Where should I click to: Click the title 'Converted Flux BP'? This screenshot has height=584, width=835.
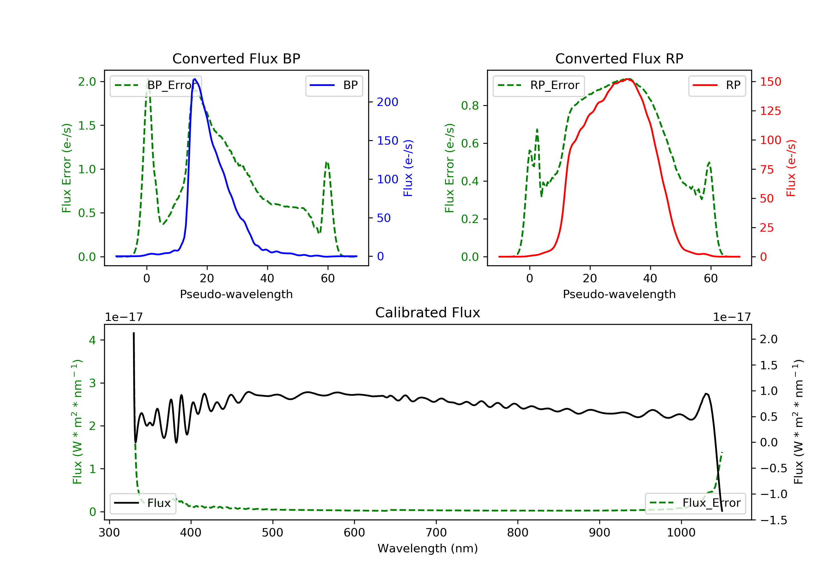point(236,58)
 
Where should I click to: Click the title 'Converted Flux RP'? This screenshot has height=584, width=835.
point(619,58)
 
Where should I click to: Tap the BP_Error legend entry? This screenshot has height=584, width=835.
point(156,85)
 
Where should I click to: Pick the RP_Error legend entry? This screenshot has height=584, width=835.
point(539,85)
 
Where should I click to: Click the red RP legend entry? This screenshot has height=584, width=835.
point(717,85)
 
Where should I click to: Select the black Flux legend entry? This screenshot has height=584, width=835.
point(143,503)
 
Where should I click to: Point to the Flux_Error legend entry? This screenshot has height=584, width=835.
point(695,503)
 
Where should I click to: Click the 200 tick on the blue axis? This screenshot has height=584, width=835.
point(387,102)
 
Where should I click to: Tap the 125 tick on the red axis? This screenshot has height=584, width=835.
point(770,111)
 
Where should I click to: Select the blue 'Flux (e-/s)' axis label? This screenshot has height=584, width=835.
point(408,168)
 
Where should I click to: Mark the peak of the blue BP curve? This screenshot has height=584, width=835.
point(195,79)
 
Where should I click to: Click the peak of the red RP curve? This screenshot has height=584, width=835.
point(627,79)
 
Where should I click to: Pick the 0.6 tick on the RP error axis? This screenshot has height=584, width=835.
point(470,143)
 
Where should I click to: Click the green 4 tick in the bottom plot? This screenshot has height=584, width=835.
point(92,340)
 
